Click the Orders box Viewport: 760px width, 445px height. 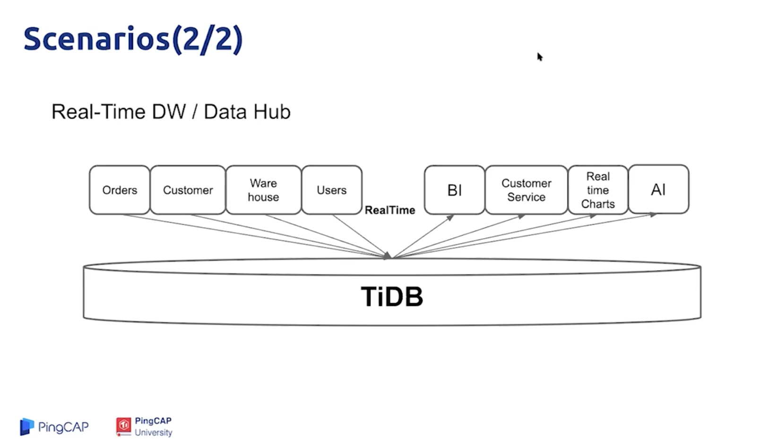tap(120, 190)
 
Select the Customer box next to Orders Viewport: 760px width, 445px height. tap(188, 190)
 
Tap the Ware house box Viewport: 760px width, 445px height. tap(263, 190)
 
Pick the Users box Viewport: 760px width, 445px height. tap(332, 190)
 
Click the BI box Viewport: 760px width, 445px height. tap(454, 190)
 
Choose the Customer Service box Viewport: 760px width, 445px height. tap(526, 190)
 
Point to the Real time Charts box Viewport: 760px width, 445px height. tap(598, 190)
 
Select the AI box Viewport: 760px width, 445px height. tap(658, 189)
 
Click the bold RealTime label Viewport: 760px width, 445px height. tap(390, 210)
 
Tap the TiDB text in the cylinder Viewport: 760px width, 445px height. tap(392, 297)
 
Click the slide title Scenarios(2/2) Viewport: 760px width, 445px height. tap(133, 39)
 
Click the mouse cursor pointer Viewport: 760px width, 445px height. tap(540, 57)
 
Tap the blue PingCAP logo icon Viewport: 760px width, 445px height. tap(27, 427)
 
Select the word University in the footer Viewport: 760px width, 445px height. tap(153, 432)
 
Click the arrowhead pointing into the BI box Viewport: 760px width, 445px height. tap(450, 217)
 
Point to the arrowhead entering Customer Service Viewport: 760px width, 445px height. tap(522, 216)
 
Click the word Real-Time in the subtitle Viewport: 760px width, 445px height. tap(98, 112)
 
